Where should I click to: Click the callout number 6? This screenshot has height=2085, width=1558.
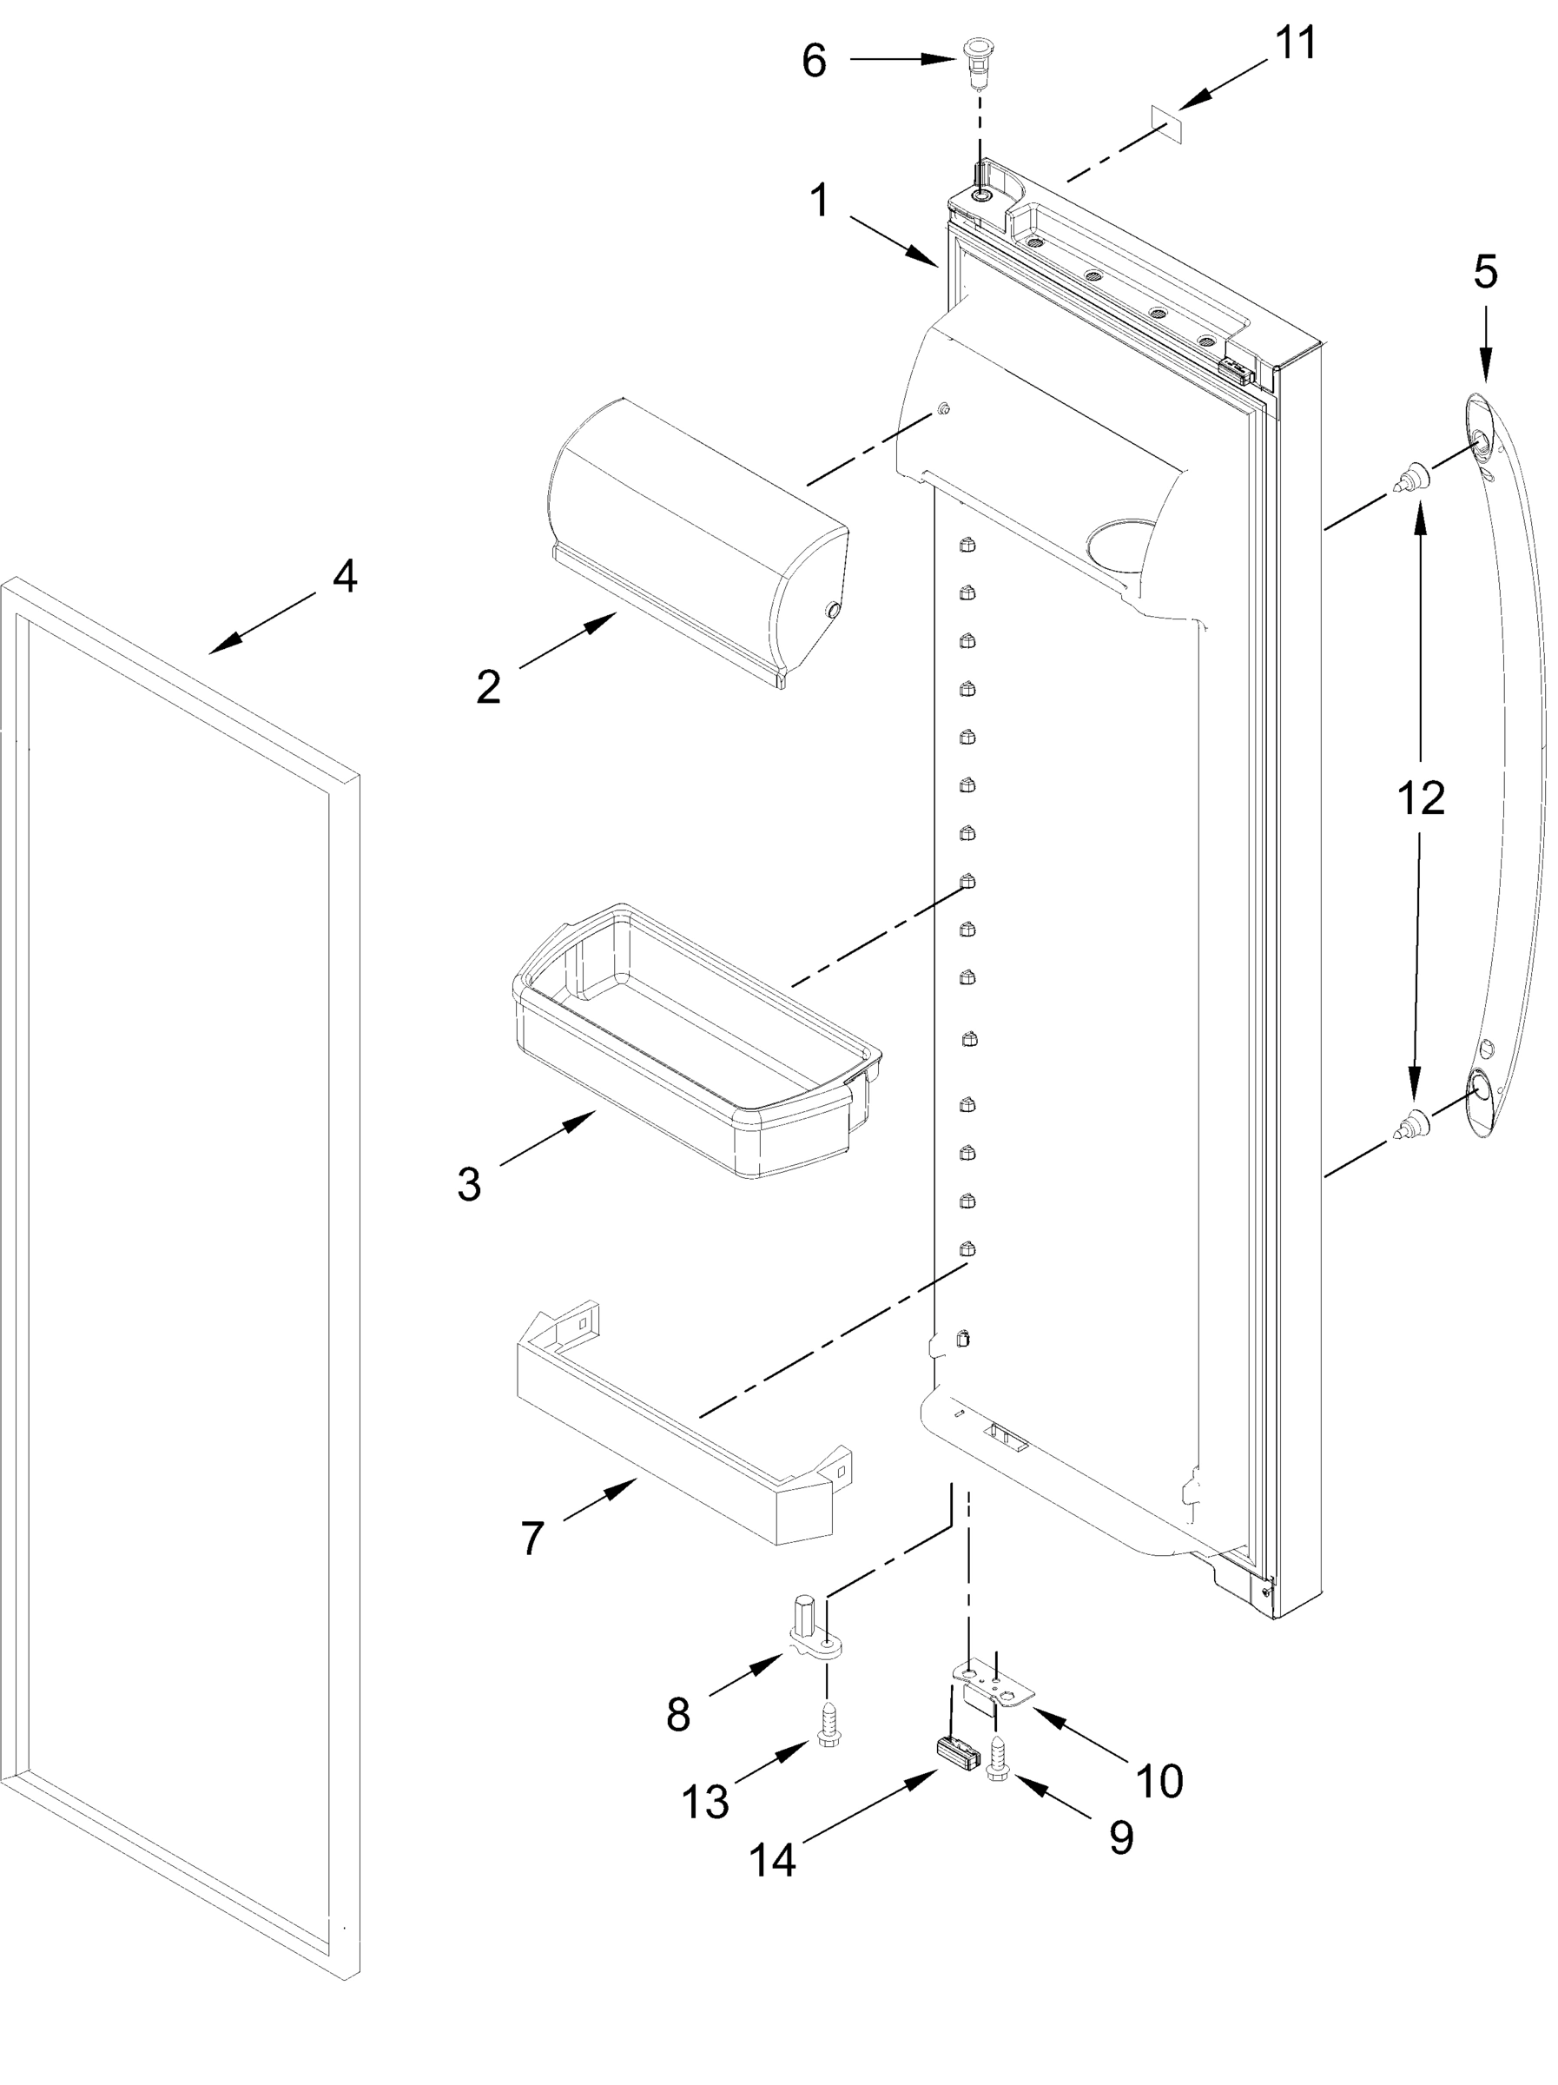click(814, 63)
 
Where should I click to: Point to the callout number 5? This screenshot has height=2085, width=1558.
click(1484, 274)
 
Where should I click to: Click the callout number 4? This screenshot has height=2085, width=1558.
click(344, 577)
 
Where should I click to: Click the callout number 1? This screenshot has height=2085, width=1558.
click(819, 201)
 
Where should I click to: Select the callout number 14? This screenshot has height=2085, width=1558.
click(772, 1861)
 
